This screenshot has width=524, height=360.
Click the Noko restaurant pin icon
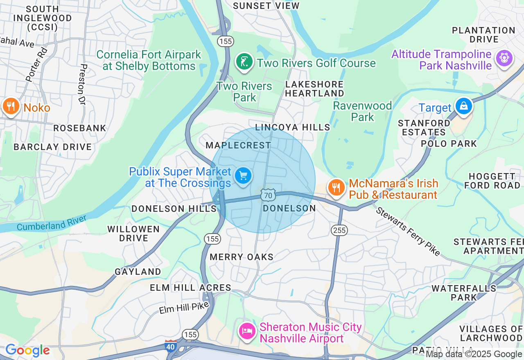click(11, 106)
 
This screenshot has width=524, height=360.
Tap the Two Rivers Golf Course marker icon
click(244, 62)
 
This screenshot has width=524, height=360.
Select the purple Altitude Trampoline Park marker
click(504, 58)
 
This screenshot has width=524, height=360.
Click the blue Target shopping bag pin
click(463, 106)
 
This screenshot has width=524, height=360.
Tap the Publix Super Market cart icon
click(243, 176)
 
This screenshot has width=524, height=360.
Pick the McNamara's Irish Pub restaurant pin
click(336, 188)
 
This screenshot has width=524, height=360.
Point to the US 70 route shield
click(268, 195)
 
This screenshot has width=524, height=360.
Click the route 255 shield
click(339, 230)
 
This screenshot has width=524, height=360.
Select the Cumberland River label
click(52, 223)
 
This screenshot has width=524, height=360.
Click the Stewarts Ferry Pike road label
click(408, 232)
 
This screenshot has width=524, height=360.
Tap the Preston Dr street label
click(84, 85)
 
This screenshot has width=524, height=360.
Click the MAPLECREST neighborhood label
click(238, 146)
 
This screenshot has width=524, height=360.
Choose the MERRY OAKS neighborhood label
click(241, 257)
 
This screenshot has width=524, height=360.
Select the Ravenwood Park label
click(362, 111)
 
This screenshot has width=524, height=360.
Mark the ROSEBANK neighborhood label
click(80, 128)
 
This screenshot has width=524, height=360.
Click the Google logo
click(27, 351)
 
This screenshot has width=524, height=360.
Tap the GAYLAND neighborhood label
click(138, 272)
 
